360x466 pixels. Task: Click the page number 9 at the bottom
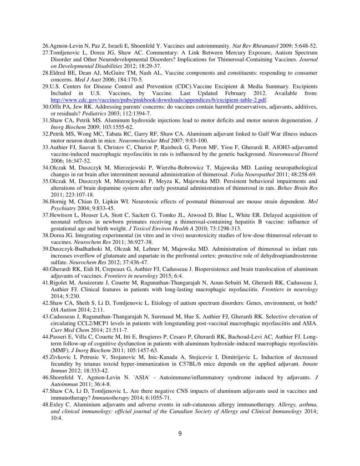(180, 433)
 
